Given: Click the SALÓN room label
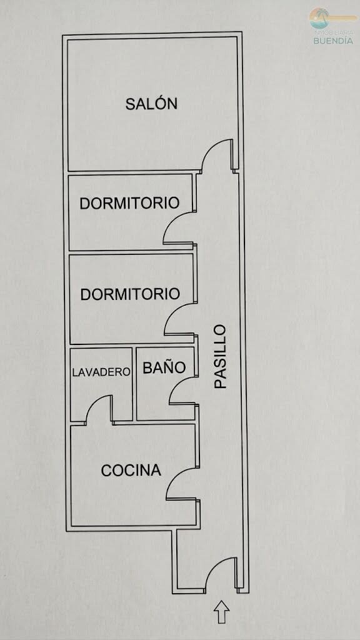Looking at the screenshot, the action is [x=151, y=104].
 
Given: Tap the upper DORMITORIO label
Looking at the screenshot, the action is [x=129, y=203].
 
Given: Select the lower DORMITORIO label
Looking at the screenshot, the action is [x=130, y=294].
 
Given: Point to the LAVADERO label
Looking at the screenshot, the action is [x=101, y=372].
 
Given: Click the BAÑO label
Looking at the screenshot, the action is [x=164, y=367].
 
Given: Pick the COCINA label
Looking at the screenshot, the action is [x=131, y=471].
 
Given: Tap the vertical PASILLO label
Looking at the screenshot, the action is [x=221, y=356].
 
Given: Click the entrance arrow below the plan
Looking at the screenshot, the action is [x=222, y=611].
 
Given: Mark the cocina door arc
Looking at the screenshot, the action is [x=175, y=476].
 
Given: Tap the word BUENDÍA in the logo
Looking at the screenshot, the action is [x=333, y=41].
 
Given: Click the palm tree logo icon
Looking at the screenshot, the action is [x=319, y=18].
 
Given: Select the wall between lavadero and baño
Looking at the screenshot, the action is [x=134, y=384].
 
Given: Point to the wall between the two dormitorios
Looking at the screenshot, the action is [x=131, y=251].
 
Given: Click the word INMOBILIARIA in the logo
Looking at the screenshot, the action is [x=333, y=32].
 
